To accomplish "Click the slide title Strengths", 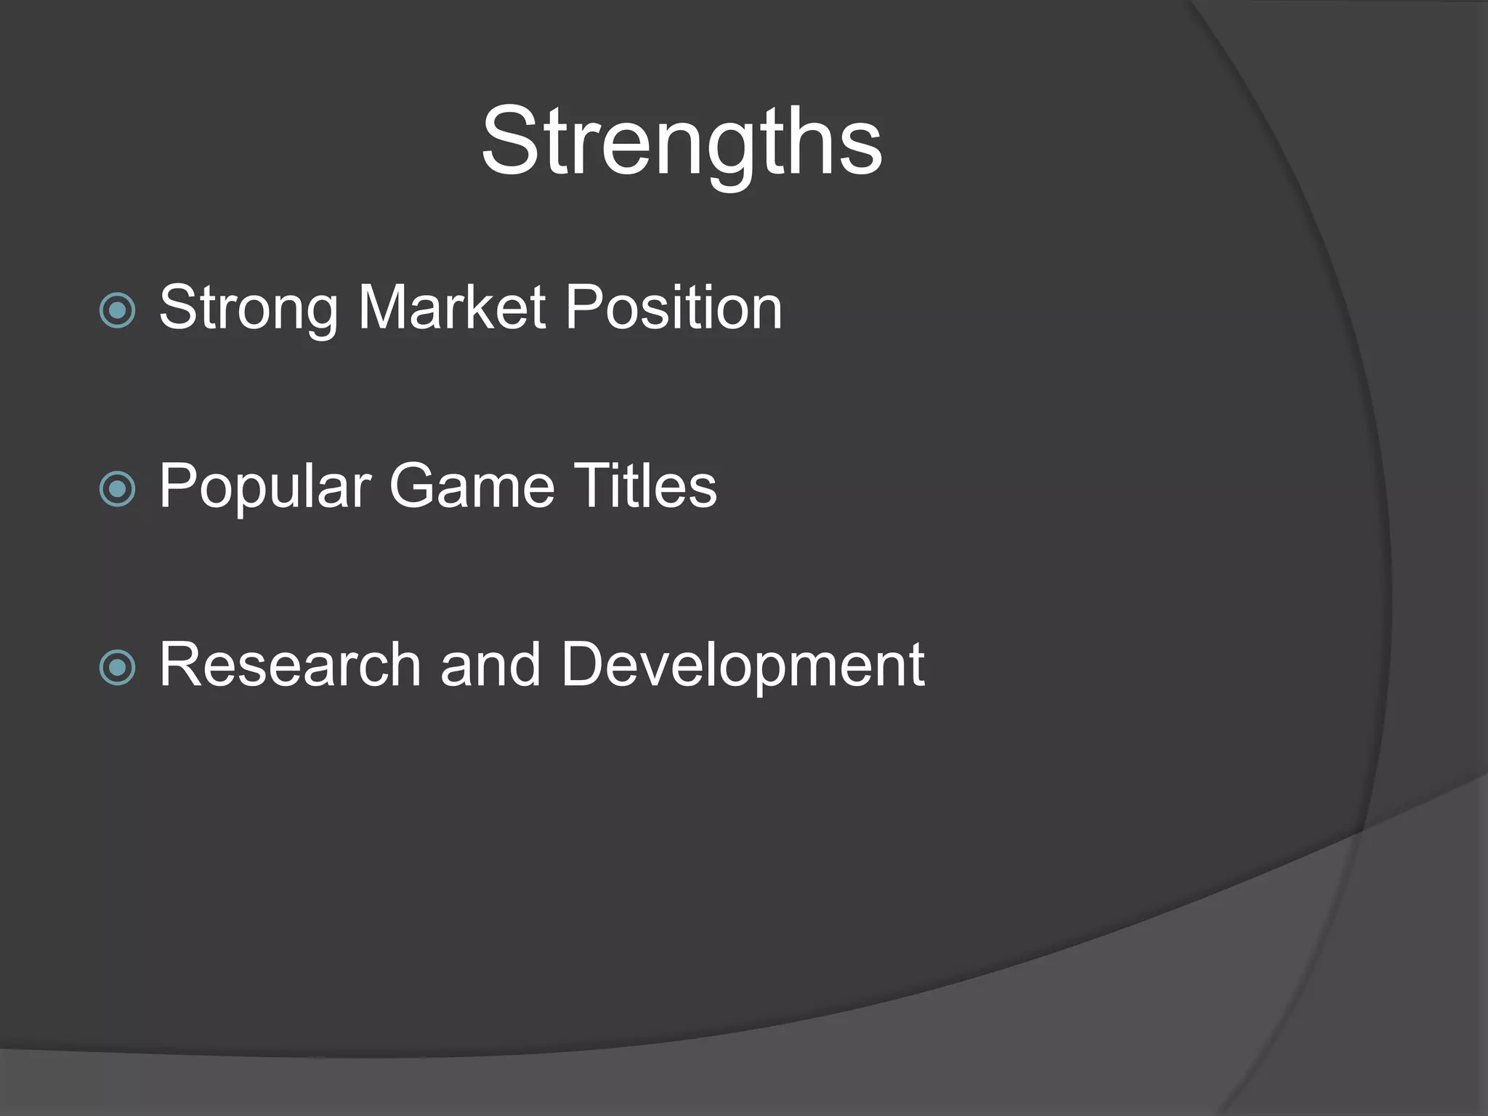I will tap(682, 142).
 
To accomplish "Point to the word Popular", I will tap(264, 487).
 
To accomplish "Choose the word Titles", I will tap(645, 485).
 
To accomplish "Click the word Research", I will tap(290, 664).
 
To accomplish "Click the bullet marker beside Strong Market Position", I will tap(118, 311).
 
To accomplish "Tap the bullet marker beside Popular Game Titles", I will tap(118, 489).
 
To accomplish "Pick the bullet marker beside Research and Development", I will tap(118, 668).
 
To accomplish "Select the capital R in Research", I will tap(182, 664).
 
